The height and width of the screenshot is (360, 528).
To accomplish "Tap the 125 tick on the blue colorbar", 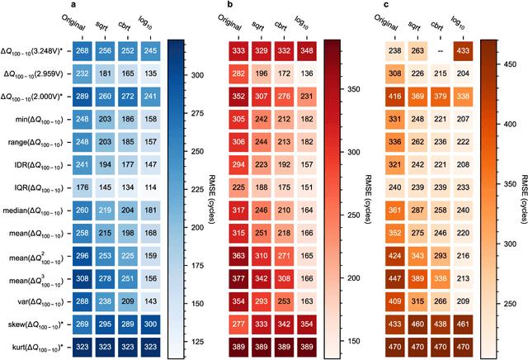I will coord(193,339).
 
